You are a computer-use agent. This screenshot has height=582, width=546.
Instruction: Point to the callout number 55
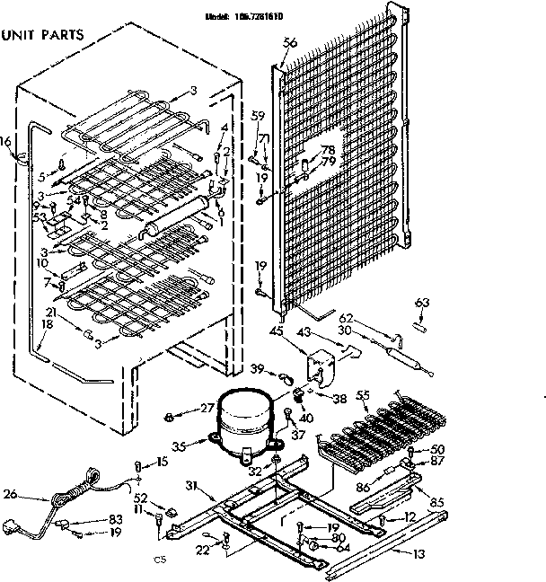363,395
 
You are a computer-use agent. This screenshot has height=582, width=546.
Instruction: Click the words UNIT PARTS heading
43,36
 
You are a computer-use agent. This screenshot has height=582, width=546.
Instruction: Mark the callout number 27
207,408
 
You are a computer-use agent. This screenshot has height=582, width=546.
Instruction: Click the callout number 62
348,318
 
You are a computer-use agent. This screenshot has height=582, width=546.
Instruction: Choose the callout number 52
140,498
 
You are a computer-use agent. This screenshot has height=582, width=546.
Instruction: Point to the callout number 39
257,369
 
